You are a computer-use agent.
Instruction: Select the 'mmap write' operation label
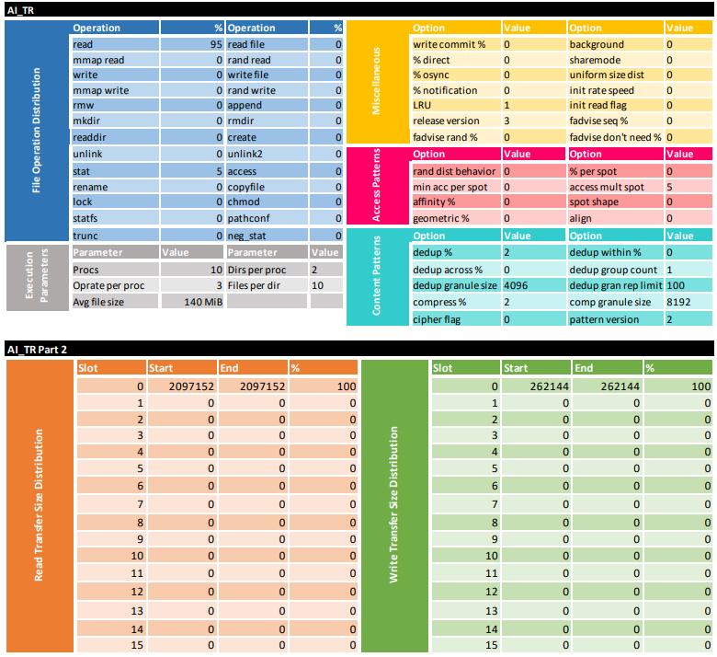(100, 90)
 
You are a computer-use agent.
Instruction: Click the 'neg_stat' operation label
(248, 236)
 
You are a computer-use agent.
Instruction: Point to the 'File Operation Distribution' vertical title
(37, 131)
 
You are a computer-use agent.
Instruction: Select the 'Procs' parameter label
(87, 270)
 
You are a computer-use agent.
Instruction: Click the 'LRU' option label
(422, 106)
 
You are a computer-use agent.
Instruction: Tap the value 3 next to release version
(507, 121)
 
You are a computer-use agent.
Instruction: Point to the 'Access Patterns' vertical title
(376, 186)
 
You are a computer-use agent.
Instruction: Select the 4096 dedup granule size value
(515, 285)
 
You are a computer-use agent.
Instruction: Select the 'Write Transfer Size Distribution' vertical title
(393, 504)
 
